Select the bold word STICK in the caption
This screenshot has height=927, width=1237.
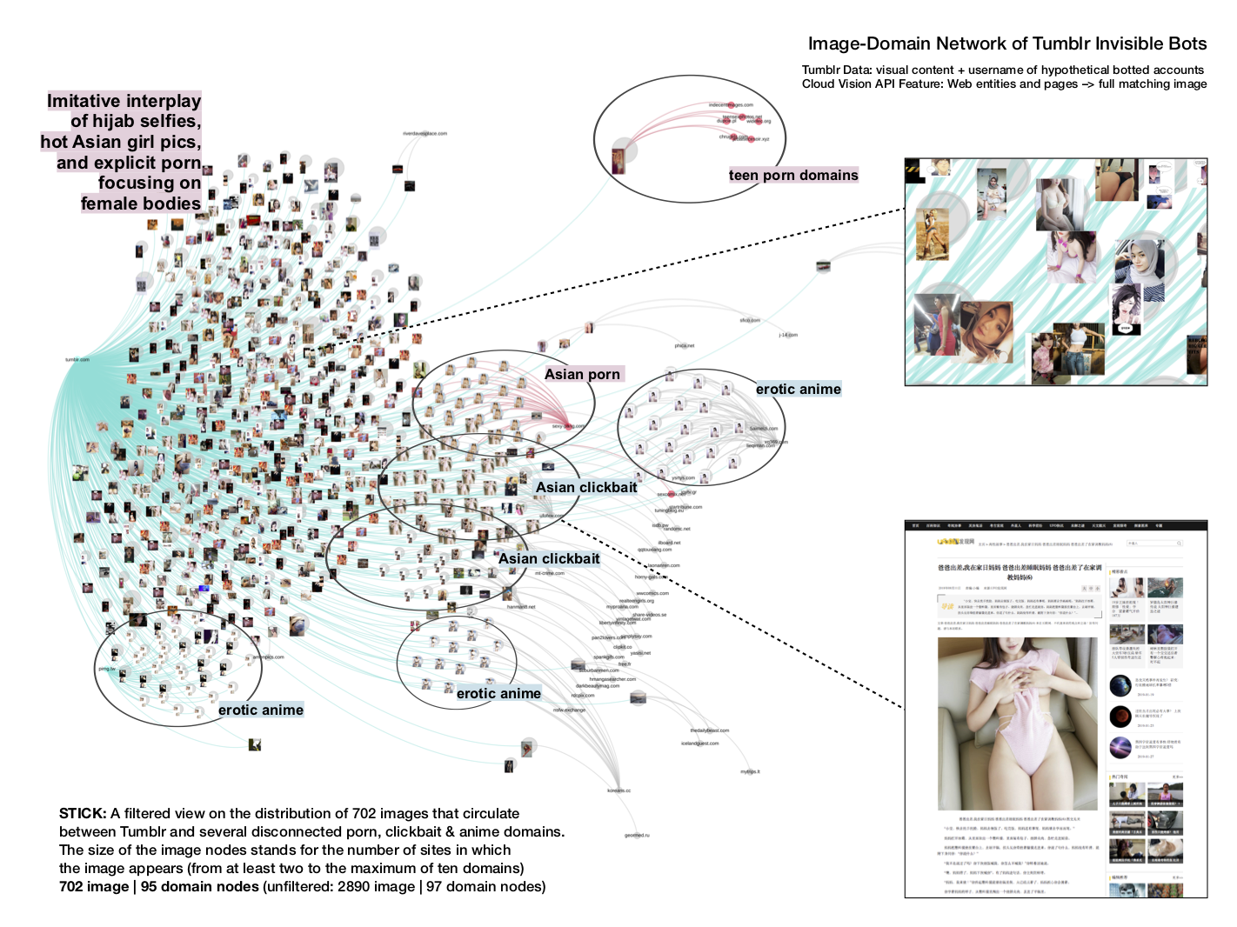click(x=81, y=814)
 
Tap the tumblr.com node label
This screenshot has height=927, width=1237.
click(x=77, y=360)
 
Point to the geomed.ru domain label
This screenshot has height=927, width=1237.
click(x=637, y=836)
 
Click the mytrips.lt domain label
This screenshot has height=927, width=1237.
click(x=750, y=771)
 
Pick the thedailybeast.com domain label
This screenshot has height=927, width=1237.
click(x=710, y=730)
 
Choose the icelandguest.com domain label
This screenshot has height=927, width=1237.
click(x=700, y=744)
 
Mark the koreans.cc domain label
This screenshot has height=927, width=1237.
click(x=618, y=790)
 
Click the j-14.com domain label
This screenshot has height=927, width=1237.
click(x=788, y=335)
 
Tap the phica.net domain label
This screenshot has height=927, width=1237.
click(x=685, y=345)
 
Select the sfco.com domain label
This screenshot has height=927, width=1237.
click(x=750, y=320)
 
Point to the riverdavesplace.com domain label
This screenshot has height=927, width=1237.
click(x=425, y=134)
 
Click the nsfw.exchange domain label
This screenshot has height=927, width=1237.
click(x=570, y=710)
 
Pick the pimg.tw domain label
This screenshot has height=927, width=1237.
click(x=107, y=669)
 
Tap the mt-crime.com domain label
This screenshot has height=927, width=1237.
click(x=550, y=574)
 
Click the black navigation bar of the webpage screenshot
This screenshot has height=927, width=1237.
click(x=1056, y=525)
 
